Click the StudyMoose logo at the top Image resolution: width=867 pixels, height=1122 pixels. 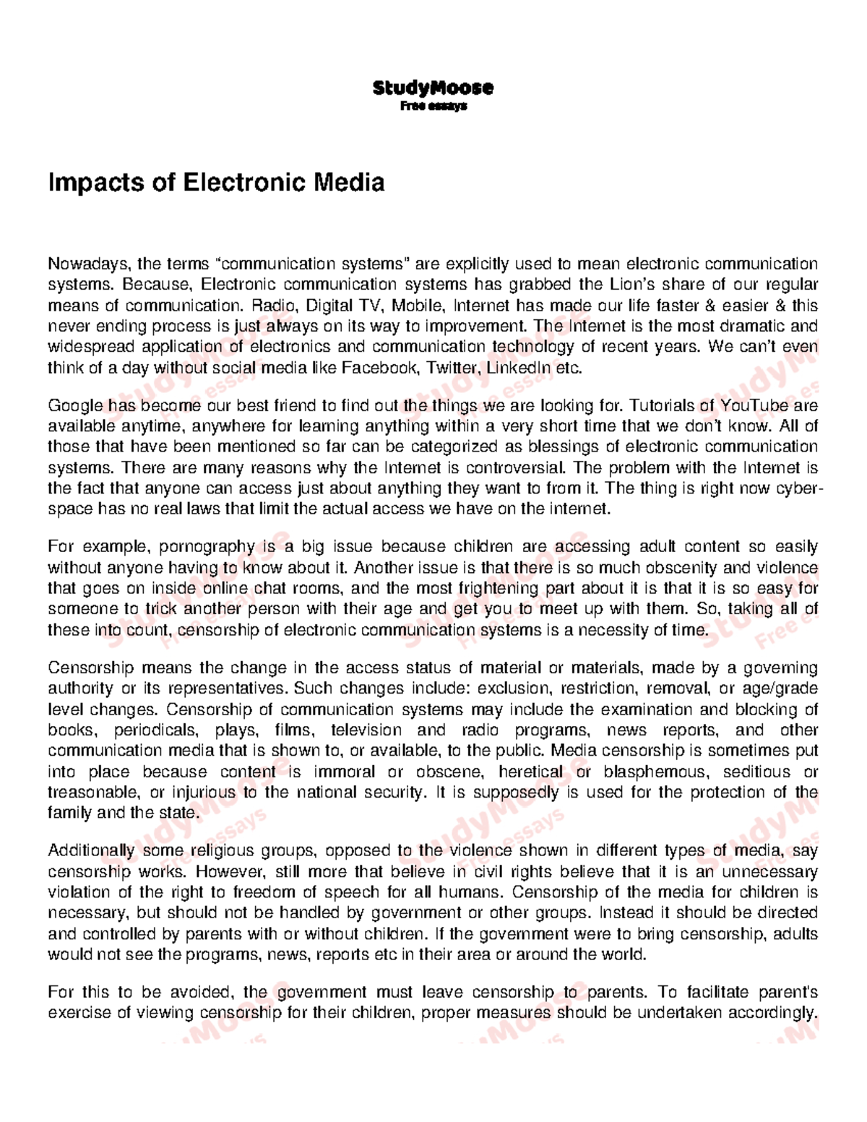tap(433, 88)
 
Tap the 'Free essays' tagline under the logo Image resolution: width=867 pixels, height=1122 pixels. tap(433, 106)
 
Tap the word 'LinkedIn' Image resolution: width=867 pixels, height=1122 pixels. tap(516, 368)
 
